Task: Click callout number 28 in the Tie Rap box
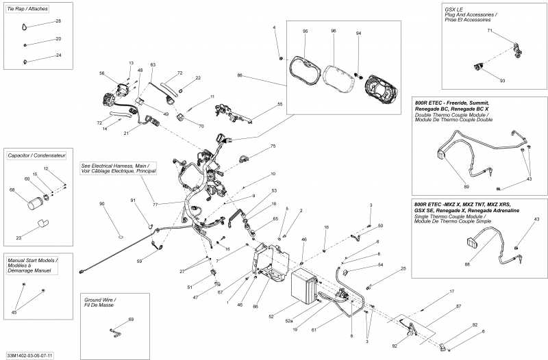click(58, 21)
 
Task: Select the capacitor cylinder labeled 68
click(35, 203)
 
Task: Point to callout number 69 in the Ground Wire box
click(131, 320)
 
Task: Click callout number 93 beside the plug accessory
click(502, 81)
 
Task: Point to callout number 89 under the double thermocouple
click(466, 186)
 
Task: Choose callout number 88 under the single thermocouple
click(467, 264)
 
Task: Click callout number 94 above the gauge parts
click(358, 33)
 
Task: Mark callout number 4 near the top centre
click(275, 27)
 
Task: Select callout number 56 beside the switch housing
click(101, 73)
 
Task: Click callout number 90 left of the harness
click(102, 204)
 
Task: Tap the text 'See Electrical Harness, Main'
click(118, 165)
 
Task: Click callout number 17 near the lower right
click(451, 292)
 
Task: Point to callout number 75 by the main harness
click(273, 146)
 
